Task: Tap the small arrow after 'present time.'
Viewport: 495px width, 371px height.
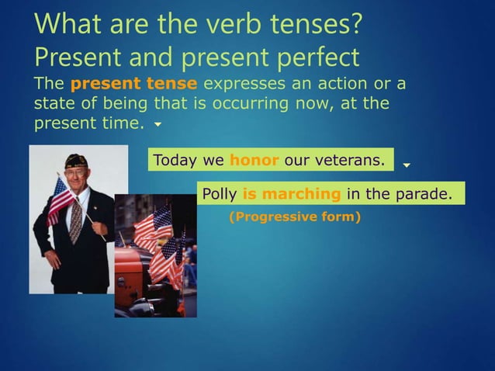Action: click(158, 124)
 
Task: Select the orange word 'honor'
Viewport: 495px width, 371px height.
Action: click(254, 161)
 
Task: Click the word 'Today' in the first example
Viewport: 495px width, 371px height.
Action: click(176, 161)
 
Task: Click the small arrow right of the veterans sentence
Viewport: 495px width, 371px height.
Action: click(407, 165)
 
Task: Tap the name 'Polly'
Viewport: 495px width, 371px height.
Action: click(220, 193)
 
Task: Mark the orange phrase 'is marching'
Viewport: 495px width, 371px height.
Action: click(292, 193)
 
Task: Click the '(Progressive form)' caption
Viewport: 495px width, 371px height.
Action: click(295, 217)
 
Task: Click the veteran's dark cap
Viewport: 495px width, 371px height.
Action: click(76, 159)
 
